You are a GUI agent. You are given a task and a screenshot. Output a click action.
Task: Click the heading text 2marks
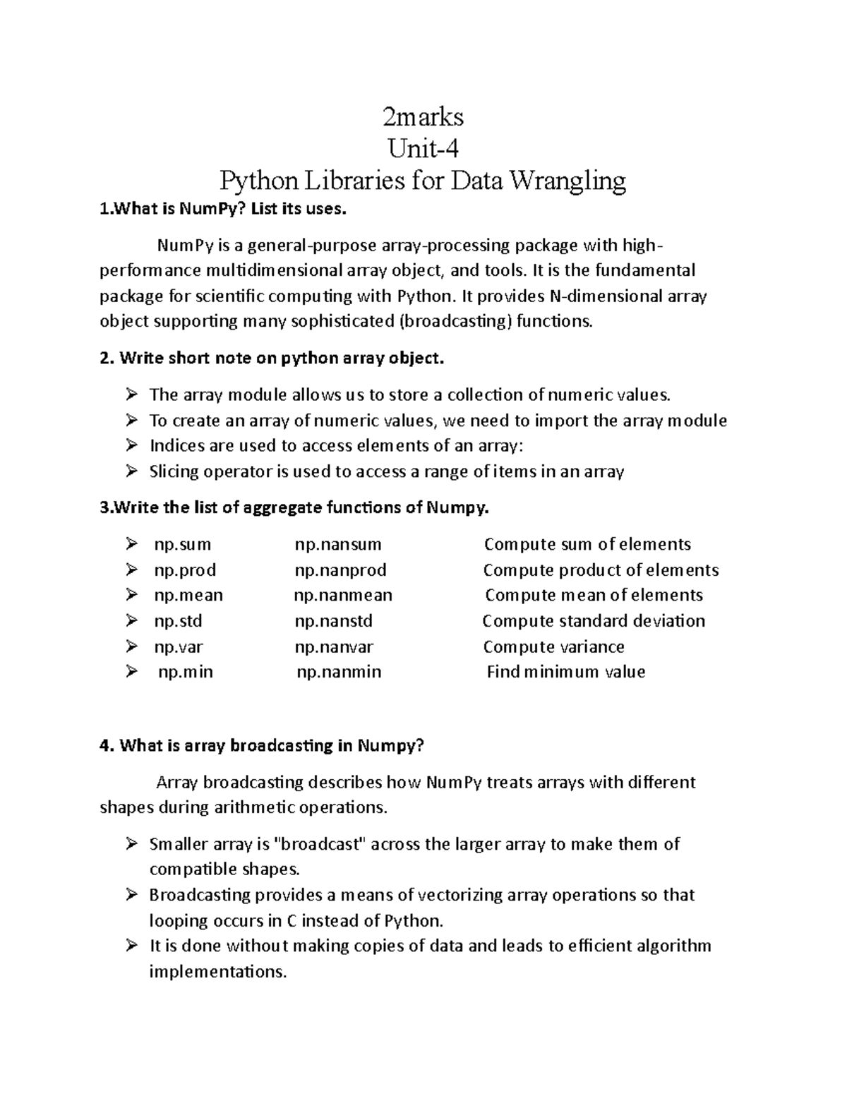point(423,116)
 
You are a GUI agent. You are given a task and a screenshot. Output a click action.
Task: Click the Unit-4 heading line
point(423,148)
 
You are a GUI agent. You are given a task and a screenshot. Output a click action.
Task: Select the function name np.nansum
point(338,544)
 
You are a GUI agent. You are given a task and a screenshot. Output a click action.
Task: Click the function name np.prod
point(185,570)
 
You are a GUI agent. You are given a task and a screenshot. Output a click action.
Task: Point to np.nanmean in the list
point(343,595)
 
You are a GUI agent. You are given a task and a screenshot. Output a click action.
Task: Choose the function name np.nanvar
point(334,646)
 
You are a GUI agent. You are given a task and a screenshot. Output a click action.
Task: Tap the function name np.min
point(185,672)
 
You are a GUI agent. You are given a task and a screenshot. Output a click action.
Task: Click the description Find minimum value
point(566,672)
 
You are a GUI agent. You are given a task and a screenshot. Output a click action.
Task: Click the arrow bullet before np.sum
point(131,544)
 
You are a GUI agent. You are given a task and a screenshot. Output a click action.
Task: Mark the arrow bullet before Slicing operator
point(131,471)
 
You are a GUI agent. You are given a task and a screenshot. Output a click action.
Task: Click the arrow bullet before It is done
point(131,946)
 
